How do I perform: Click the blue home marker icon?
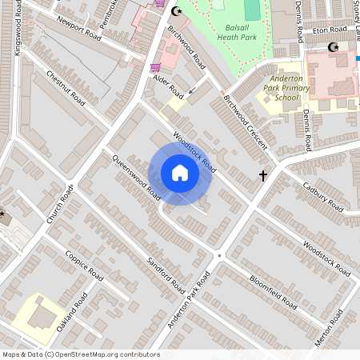(180, 173)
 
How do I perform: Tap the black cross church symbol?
(262, 174)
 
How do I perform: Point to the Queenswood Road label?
(138, 178)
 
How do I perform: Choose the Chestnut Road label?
(66, 88)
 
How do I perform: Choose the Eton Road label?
(329, 30)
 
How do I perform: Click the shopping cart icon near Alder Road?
(156, 67)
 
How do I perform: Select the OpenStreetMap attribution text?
(81, 354)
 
